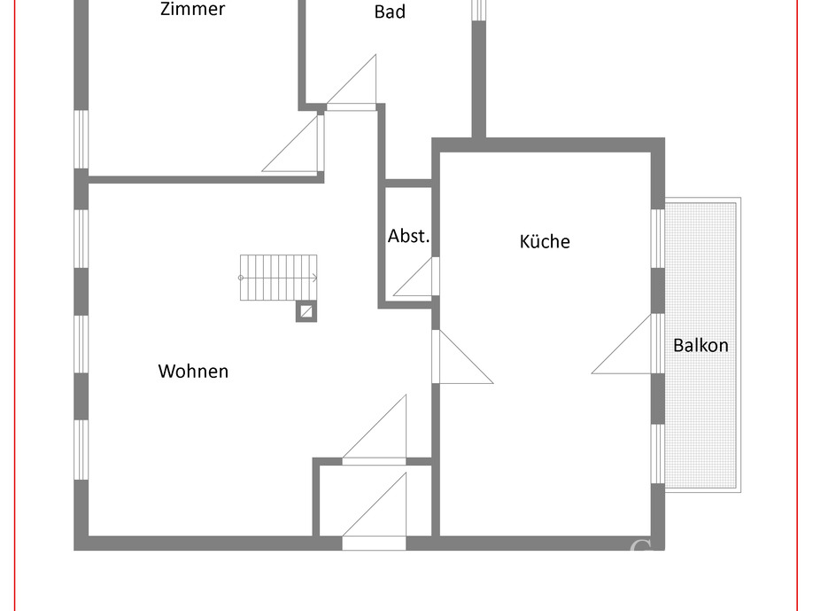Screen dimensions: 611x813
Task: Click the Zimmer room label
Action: (x=192, y=10)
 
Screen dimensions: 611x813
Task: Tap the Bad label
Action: (x=390, y=12)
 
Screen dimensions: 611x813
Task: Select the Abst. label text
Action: (x=408, y=237)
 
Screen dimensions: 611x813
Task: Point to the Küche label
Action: (x=545, y=241)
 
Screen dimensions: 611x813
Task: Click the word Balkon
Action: (x=701, y=346)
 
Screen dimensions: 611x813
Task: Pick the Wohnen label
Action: (x=193, y=372)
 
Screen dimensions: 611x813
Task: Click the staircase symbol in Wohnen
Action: (x=278, y=277)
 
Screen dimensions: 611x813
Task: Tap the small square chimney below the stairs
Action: (x=306, y=311)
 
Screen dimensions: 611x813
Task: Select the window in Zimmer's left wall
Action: (x=81, y=138)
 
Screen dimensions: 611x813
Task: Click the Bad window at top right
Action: (x=478, y=9)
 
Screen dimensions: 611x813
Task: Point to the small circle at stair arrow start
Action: (x=241, y=278)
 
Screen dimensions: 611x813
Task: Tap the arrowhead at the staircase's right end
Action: (x=314, y=278)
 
